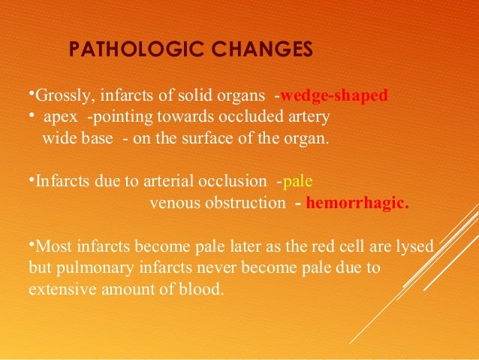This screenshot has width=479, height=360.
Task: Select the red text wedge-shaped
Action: pyautogui.click(x=334, y=96)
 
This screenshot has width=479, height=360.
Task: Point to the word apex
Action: pyautogui.click(x=59, y=118)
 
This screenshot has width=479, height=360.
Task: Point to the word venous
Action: pyautogui.click(x=174, y=203)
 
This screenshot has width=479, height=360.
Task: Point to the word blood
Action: pyautogui.click(x=203, y=287)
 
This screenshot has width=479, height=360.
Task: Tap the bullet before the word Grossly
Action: pyautogui.click(x=31, y=94)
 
